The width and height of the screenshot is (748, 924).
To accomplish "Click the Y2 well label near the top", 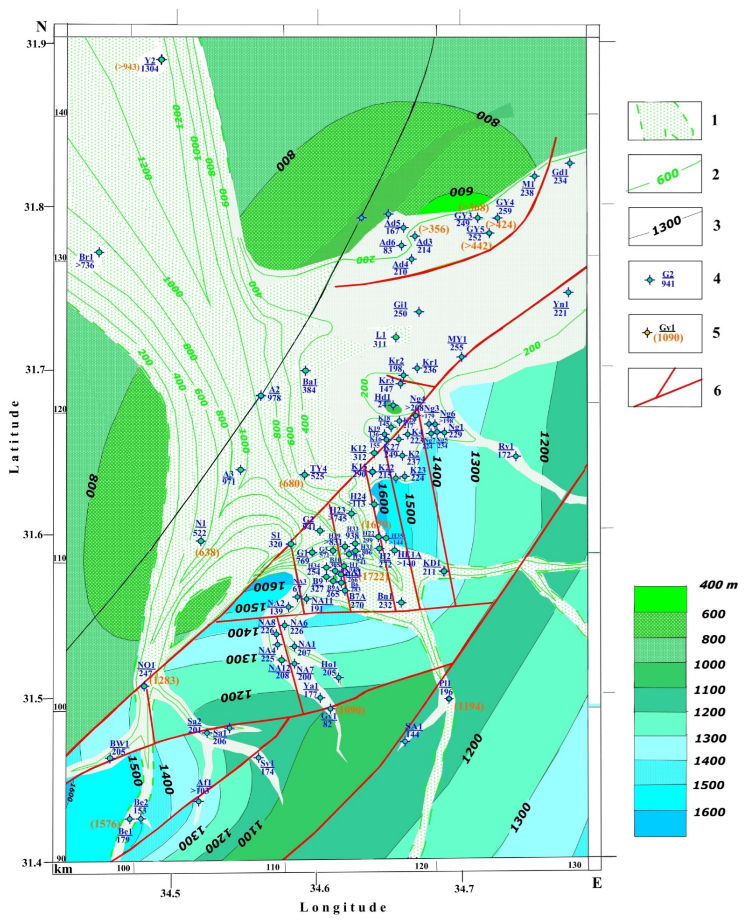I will (150, 61).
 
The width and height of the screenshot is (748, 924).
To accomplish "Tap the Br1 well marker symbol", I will (99, 252).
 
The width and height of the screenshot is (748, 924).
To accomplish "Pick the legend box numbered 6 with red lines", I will (664, 387).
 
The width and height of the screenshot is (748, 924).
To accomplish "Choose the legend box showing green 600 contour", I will (664, 174).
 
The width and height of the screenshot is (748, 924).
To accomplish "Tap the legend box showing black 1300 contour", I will (664, 226).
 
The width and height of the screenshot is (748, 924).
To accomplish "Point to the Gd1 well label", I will (560, 172).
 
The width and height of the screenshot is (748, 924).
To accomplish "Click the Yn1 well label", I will (561, 305).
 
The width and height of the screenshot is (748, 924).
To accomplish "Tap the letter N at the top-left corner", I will (41, 27).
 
